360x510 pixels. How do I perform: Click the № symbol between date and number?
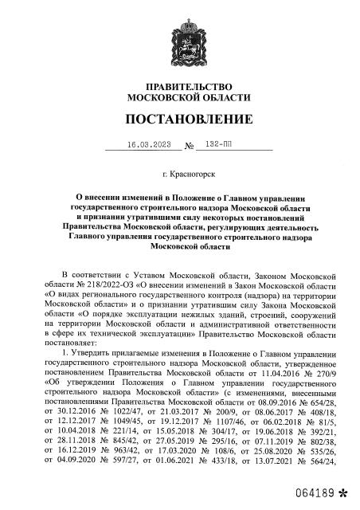[x=190, y=147]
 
